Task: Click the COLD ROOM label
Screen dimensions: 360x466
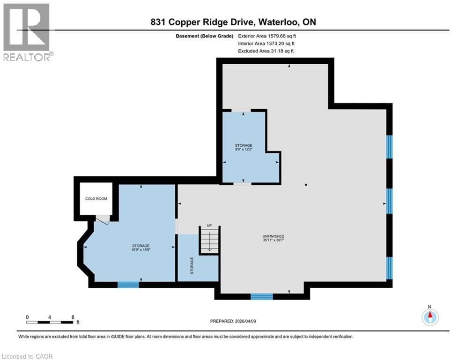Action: pos(96,199)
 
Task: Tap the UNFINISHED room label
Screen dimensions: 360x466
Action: pos(274,236)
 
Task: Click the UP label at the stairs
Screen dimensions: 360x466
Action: pos(209,226)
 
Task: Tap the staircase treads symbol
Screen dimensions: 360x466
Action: pos(209,240)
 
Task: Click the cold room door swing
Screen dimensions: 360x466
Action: pos(103,219)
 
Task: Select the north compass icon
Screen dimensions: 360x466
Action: pos(429,317)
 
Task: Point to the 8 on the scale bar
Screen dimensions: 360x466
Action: pos(73,317)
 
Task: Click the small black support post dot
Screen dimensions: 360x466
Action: pos(305,185)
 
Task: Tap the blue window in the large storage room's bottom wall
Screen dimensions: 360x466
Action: pos(128,284)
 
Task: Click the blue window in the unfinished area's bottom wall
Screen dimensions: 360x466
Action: pos(261,296)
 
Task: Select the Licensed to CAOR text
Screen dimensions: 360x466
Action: pos(28,356)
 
